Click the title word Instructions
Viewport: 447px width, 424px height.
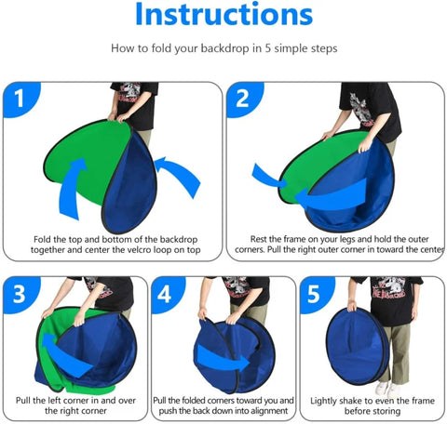pos(223,16)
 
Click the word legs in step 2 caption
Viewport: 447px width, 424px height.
pos(334,239)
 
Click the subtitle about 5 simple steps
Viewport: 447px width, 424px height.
pos(223,46)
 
